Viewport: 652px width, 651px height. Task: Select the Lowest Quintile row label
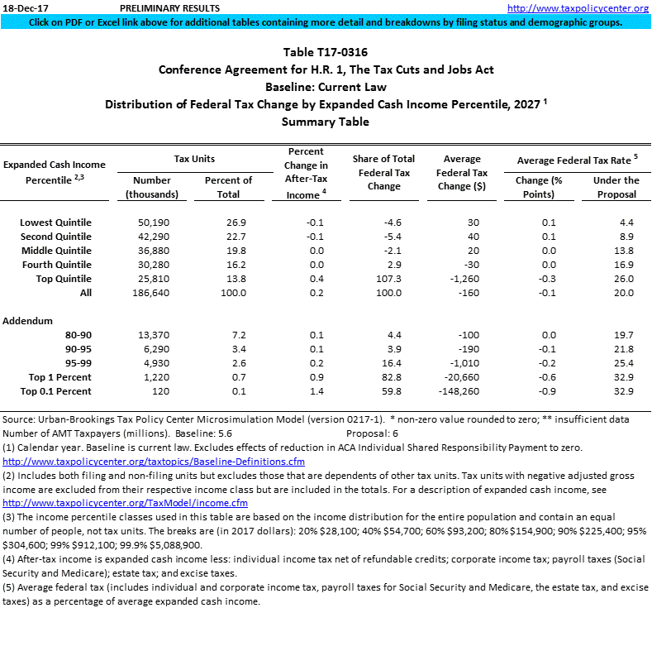pos(55,223)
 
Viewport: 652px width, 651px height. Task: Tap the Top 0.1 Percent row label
pos(55,391)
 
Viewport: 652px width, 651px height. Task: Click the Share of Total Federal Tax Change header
pos(383,172)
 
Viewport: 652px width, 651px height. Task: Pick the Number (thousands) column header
pos(152,187)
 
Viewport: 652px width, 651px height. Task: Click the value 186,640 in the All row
pos(152,293)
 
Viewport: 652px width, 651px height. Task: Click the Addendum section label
pos(27,320)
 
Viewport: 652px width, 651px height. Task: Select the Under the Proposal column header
pos(616,187)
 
